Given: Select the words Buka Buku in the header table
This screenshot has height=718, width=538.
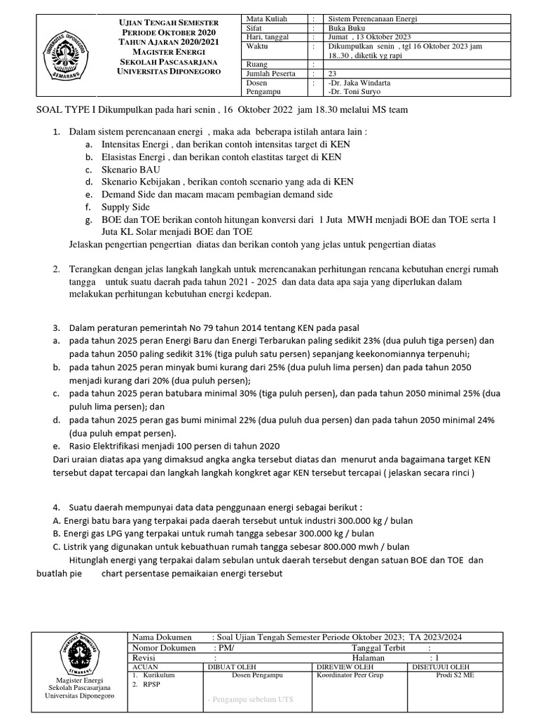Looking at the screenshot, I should [346, 28].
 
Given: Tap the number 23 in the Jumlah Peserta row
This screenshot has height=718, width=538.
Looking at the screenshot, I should [332, 73].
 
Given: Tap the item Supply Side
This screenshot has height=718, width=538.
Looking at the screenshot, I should [125, 207].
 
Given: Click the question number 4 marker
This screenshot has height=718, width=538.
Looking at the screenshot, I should [57, 507].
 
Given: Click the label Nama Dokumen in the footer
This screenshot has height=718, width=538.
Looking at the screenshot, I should [162, 637].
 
